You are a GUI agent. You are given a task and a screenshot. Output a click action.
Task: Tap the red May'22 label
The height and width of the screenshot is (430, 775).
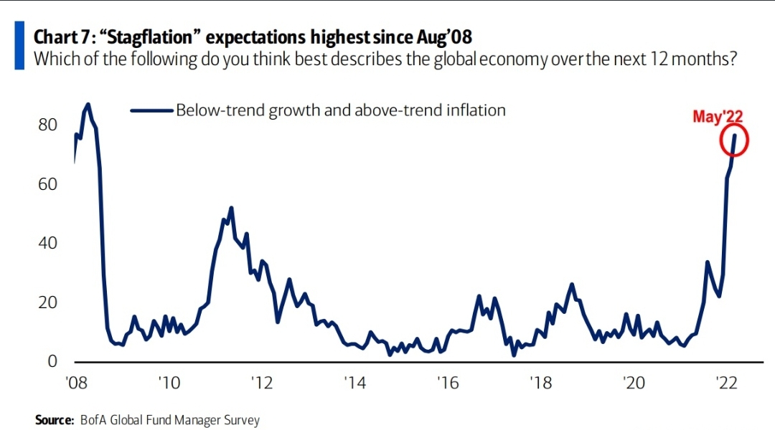718,116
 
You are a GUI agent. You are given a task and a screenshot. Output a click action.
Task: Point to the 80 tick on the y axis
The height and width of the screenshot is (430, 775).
47,125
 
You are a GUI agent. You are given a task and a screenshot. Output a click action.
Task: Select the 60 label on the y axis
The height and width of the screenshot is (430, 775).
47,184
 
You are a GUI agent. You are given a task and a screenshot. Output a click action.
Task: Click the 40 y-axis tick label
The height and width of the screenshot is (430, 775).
47,243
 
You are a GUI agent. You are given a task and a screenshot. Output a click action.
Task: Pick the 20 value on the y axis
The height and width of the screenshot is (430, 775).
47,302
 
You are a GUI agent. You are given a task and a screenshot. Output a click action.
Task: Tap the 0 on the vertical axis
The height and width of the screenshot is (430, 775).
52,361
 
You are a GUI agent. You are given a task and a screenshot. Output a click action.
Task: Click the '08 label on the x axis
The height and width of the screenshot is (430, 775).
76,383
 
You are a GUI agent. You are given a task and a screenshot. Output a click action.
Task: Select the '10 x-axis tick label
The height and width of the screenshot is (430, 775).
169,383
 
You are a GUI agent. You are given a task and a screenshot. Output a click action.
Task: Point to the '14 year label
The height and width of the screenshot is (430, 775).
355,383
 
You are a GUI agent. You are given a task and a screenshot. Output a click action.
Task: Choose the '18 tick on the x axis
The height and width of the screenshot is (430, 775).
541,383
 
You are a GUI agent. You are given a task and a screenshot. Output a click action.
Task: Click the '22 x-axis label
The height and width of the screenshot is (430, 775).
726,383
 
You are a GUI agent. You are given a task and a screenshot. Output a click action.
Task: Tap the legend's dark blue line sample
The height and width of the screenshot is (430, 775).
151,110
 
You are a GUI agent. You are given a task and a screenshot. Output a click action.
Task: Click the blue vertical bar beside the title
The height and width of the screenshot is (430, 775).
19,45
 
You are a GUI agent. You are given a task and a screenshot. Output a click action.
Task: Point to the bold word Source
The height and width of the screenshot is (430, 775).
55,420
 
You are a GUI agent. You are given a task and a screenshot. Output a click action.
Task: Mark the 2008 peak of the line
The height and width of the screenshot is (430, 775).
88,104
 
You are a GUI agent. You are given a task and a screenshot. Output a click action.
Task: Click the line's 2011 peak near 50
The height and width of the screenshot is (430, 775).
231,209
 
